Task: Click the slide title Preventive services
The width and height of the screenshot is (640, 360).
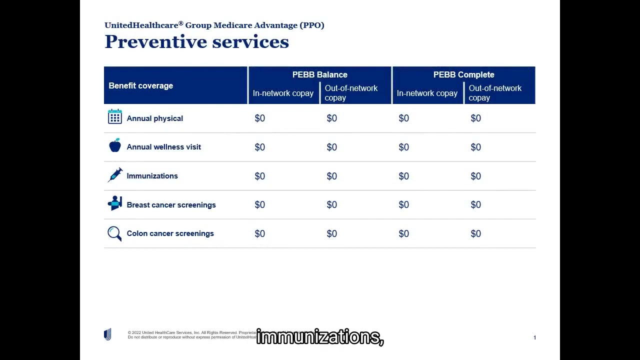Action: [x=196, y=42]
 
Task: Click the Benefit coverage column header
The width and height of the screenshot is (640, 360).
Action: [x=141, y=85]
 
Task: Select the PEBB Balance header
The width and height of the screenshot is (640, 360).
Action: [x=319, y=74]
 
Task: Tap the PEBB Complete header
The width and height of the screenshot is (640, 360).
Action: [x=463, y=74]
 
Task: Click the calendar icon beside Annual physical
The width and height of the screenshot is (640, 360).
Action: [x=115, y=117]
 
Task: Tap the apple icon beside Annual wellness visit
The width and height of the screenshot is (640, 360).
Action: [x=115, y=145]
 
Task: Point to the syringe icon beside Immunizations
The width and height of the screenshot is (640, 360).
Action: [x=115, y=174]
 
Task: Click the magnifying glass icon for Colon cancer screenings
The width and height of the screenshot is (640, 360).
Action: [x=114, y=233]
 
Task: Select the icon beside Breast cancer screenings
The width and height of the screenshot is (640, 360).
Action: [x=115, y=203]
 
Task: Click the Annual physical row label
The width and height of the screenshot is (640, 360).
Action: [x=154, y=118]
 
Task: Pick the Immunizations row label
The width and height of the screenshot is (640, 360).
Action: [x=152, y=176]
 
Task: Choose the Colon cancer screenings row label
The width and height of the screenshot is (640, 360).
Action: [x=170, y=233]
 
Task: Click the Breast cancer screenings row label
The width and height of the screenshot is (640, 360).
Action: [x=171, y=205]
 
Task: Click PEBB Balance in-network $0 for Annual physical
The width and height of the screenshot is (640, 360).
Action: [x=260, y=118]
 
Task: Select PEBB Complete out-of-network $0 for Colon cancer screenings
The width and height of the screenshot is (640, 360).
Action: [x=475, y=233]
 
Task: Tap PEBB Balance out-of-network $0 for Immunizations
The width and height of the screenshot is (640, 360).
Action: [x=332, y=176]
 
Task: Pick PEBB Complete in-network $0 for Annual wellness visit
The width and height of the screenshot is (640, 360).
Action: [x=403, y=147]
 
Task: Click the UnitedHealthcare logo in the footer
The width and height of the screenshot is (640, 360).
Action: [x=107, y=334]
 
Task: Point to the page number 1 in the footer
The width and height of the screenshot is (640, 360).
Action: [x=534, y=337]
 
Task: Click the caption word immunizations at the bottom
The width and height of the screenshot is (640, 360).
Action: [x=319, y=337]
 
